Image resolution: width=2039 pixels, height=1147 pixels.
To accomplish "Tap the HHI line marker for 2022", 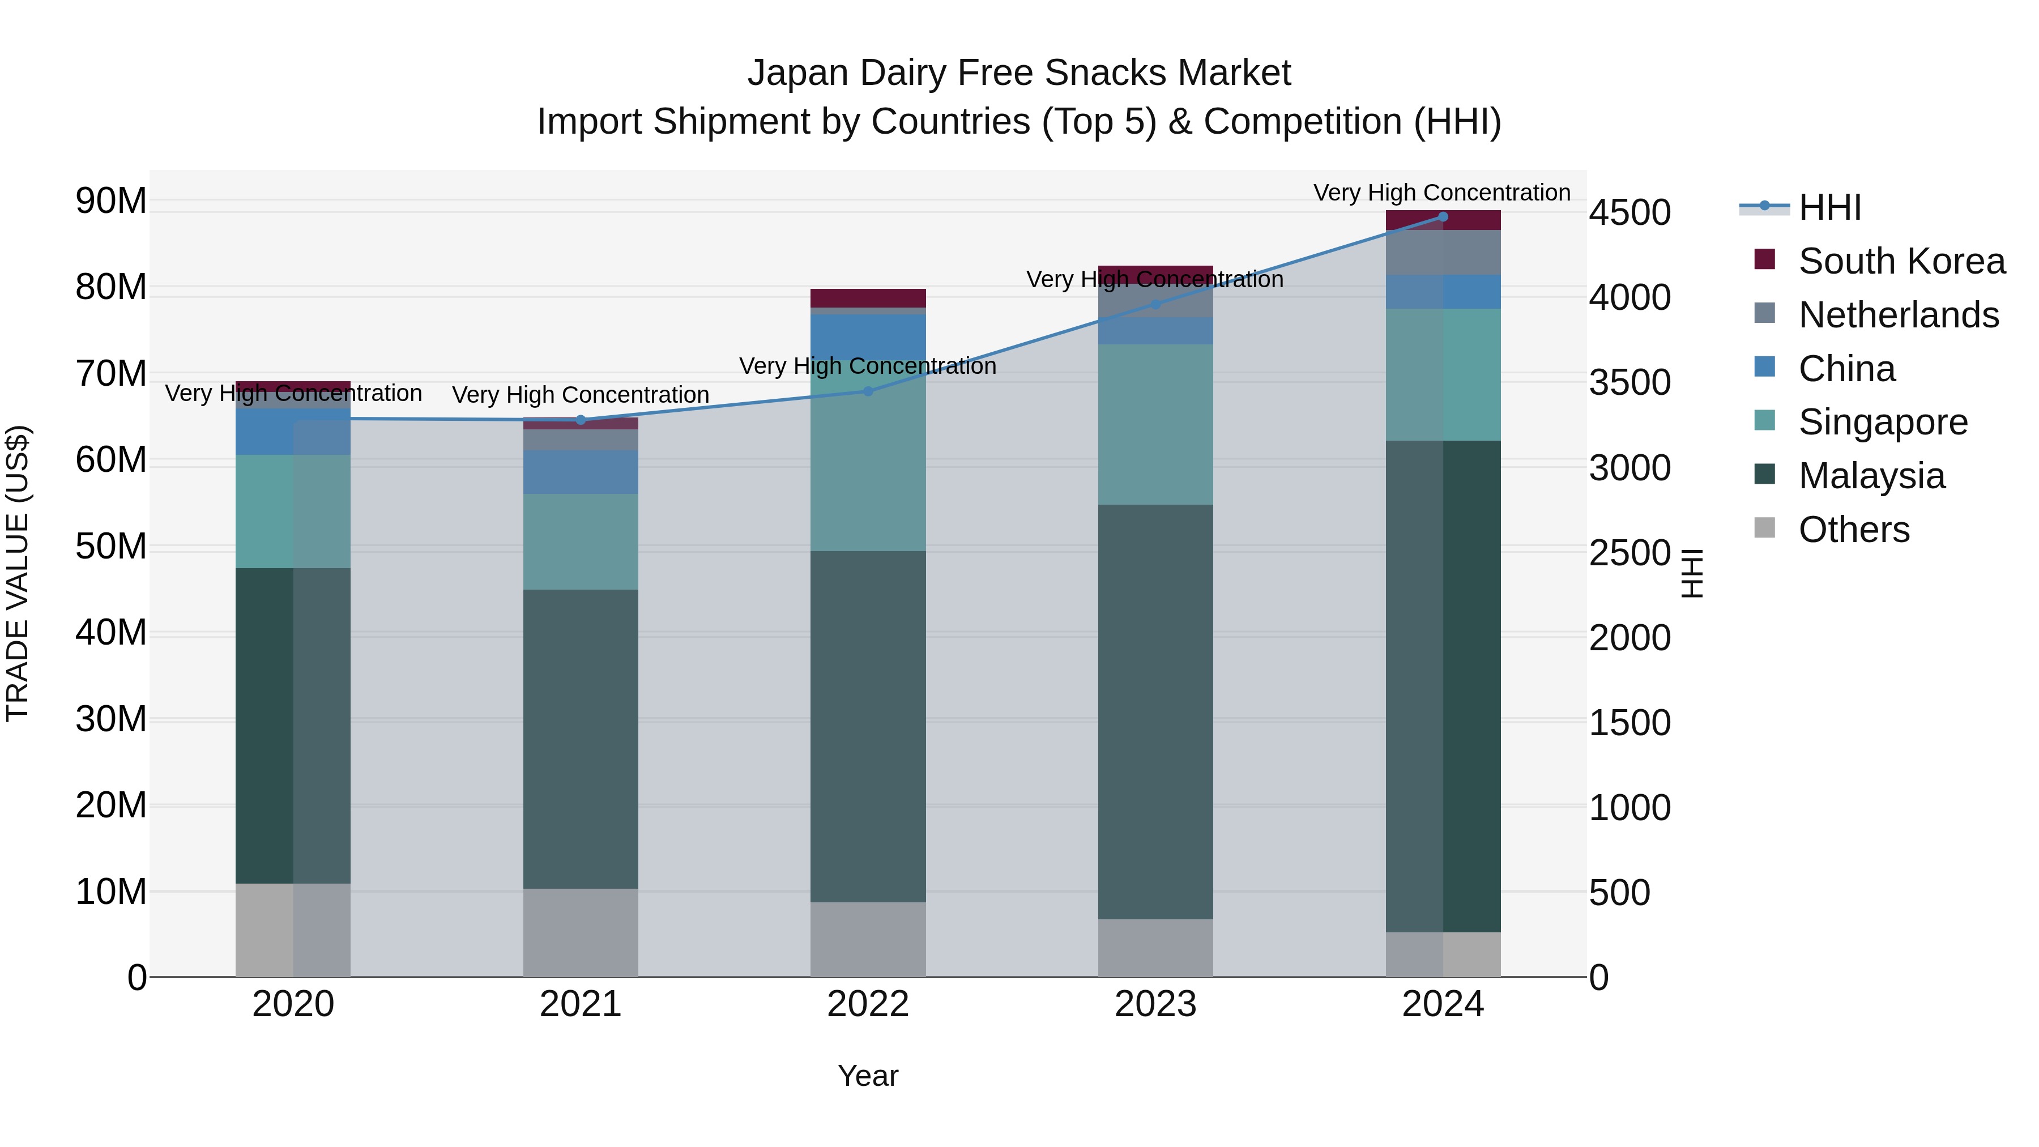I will click(868, 391).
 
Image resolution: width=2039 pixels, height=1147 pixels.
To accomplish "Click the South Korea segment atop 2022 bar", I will click(868, 297).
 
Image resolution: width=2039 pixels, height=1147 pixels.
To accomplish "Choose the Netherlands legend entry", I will click(1898, 315).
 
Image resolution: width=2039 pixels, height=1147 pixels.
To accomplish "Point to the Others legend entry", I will click(1853, 530).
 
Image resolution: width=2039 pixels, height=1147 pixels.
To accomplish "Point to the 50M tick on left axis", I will click(111, 546).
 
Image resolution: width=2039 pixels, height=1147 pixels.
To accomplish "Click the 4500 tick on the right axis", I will click(1630, 212).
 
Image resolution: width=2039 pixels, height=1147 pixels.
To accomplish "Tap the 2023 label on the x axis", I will click(1155, 1004).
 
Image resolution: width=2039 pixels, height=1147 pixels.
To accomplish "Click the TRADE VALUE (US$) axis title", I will click(18, 573).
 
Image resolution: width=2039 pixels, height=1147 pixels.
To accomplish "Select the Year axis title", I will click(868, 1076).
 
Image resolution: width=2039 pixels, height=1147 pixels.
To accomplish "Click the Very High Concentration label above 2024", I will click(1441, 193).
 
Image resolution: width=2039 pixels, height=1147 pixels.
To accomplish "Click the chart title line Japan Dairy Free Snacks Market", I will click(1019, 73).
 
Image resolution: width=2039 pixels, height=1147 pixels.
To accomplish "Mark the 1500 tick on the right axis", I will click(1630, 723).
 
